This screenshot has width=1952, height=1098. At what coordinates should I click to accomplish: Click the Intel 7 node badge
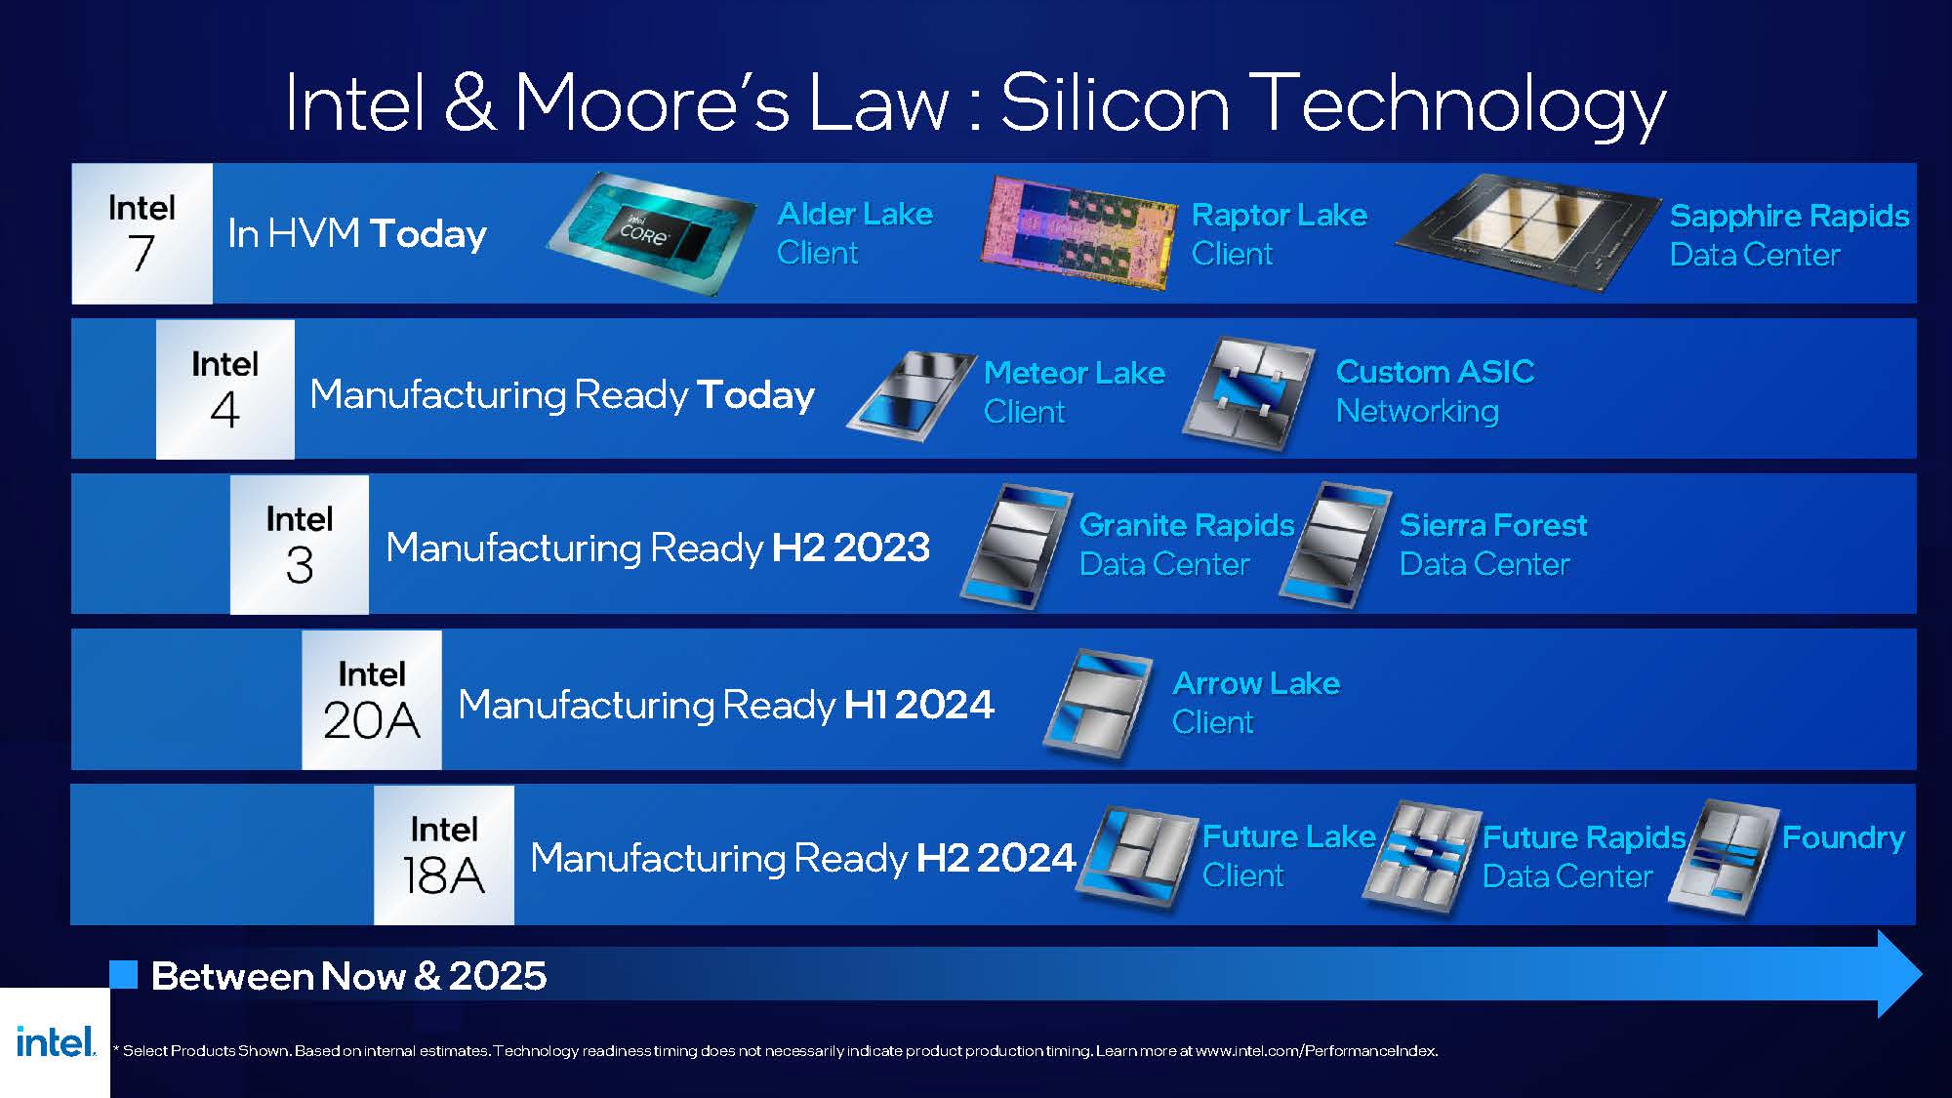(x=142, y=233)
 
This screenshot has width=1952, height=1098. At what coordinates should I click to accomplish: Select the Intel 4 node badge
(x=225, y=389)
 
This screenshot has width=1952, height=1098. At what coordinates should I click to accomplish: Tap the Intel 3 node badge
(x=300, y=545)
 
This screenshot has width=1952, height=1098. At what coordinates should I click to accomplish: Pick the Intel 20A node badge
(x=372, y=700)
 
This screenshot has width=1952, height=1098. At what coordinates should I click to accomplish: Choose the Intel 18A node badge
(x=444, y=855)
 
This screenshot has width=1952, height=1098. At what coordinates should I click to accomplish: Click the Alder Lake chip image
(x=651, y=233)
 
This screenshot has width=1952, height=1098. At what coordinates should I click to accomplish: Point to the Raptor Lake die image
(x=1078, y=232)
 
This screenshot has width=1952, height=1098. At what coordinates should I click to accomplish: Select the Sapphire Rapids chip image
(x=1528, y=232)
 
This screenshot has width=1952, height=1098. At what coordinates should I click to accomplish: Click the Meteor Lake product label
(x=1075, y=391)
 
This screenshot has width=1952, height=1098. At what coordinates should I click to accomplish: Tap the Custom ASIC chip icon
(x=1249, y=393)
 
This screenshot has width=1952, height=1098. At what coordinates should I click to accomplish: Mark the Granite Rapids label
(x=1187, y=545)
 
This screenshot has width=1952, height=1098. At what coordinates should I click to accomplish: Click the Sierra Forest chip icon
(x=1336, y=546)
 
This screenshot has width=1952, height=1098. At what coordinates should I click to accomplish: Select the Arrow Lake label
(x=1256, y=702)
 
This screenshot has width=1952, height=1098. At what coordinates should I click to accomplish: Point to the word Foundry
(x=1844, y=837)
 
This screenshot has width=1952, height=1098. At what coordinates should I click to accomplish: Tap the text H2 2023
(x=851, y=548)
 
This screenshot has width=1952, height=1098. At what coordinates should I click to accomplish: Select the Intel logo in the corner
(x=56, y=1041)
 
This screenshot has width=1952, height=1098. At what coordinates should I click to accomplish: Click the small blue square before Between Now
(x=124, y=974)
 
